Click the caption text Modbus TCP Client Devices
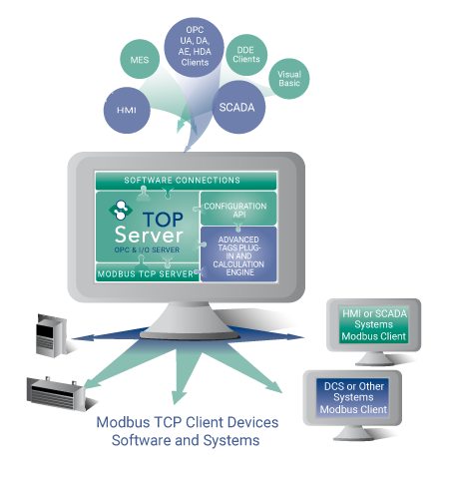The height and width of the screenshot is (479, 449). point(187,422)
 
